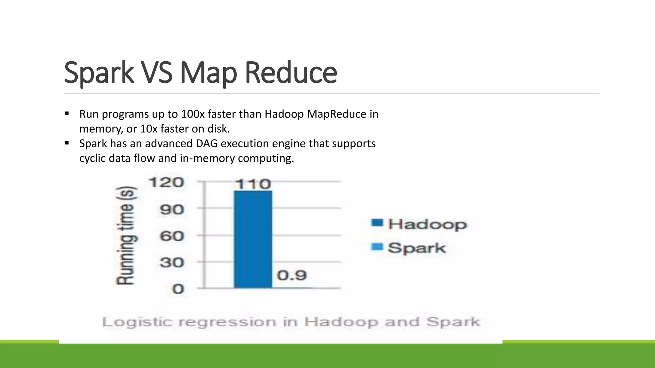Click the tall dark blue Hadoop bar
253,240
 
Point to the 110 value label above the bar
253,184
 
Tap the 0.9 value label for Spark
292,275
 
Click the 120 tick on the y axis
166,182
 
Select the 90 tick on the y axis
172,210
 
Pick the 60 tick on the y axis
172,236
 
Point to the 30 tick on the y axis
172,263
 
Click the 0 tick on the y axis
178,289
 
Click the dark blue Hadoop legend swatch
377,223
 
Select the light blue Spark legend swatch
377,247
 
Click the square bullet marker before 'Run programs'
67,114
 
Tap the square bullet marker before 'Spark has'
67,143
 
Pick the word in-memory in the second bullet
207,158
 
